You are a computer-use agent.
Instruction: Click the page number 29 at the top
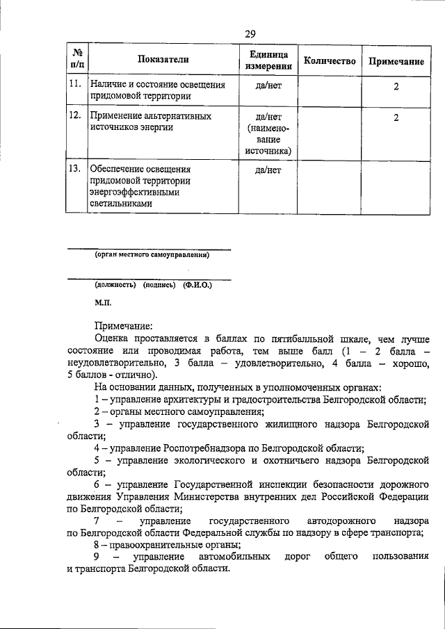click(x=250, y=33)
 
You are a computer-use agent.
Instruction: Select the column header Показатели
click(x=161, y=61)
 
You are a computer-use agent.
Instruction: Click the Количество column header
click(x=330, y=61)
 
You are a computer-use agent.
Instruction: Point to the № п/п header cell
click(x=76, y=61)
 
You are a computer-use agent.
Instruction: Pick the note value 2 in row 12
click(x=396, y=117)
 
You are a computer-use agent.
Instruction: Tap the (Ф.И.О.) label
click(x=197, y=285)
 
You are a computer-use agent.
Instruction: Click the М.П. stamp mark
click(x=103, y=302)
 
